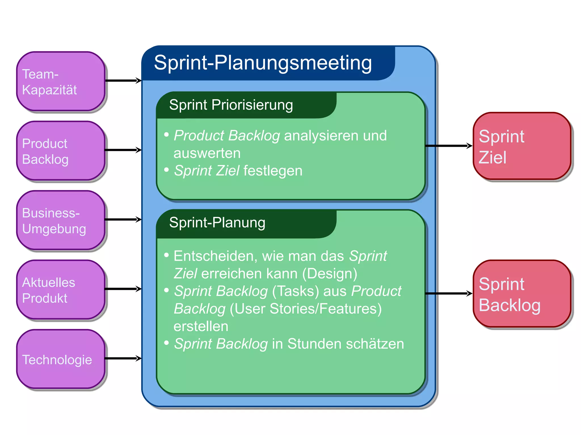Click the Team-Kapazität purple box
point(61,81)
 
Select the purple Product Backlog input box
point(61,151)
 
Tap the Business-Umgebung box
point(61,220)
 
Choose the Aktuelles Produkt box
point(61,290)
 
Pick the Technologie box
point(61,359)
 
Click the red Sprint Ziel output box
point(522,146)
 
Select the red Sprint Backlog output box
point(522,294)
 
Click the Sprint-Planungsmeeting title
point(263,63)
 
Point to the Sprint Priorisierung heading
point(231,105)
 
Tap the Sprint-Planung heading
point(217,222)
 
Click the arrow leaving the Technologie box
point(123,358)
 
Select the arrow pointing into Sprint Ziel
point(449,146)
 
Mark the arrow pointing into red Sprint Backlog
point(449,294)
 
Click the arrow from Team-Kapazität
point(123,80)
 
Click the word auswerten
point(207,153)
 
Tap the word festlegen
point(273,171)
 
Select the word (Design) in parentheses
point(330,274)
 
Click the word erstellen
point(201,326)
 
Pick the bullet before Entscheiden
point(167,255)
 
